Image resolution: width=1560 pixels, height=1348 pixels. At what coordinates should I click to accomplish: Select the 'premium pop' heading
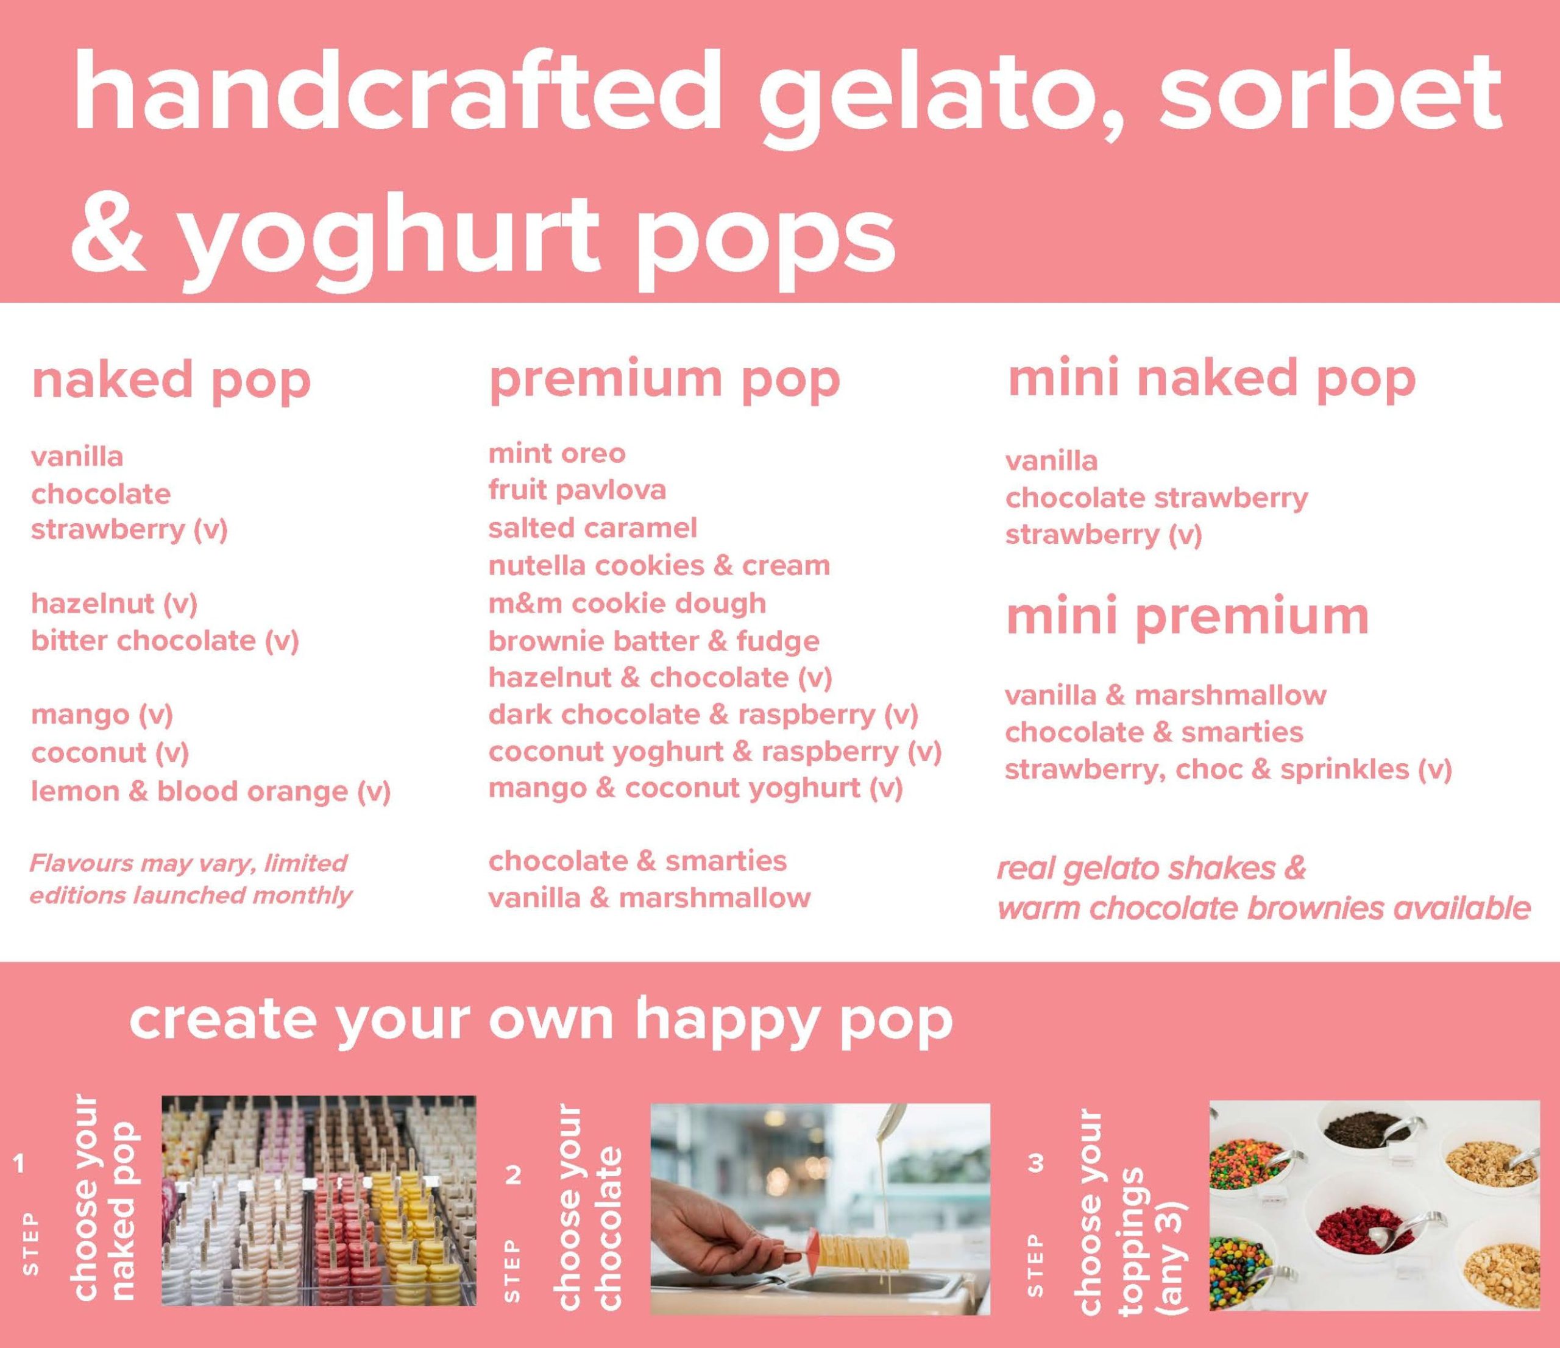click(664, 381)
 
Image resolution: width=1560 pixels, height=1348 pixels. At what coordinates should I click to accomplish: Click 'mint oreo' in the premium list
click(557, 454)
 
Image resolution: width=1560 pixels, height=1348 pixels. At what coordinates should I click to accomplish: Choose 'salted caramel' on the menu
click(592, 528)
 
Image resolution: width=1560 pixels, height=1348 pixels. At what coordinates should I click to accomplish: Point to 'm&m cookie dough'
click(628, 604)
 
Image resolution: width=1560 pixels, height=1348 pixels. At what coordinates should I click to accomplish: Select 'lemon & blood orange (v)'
click(211, 792)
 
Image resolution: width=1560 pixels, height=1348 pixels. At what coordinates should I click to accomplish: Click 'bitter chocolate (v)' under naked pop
click(165, 641)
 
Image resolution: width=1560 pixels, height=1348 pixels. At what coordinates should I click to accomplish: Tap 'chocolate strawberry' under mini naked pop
click(1157, 498)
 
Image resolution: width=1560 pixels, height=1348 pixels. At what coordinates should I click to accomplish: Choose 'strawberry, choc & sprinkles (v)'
click(1228, 770)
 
